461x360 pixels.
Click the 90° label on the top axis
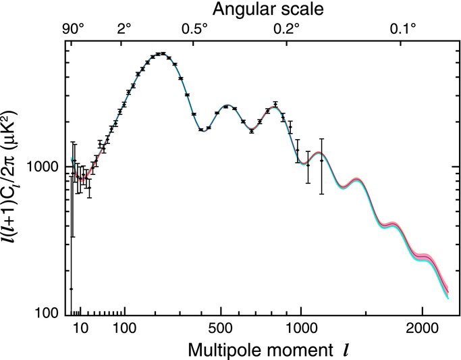point(74,29)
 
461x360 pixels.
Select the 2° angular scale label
point(124,29)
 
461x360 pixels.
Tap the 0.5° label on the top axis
point(196,29)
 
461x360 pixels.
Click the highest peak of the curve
point(160,53)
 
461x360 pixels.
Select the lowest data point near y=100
point(71,288)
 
